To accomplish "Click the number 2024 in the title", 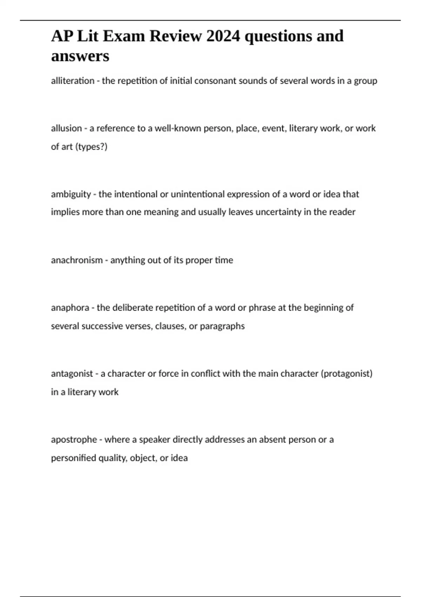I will [223, 36].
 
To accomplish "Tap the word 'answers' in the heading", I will [80, 56].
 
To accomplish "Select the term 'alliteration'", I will [73, 81].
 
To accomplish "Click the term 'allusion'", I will [66, 128].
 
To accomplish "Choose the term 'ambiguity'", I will [71, 194].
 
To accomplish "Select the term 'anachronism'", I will [77, 260].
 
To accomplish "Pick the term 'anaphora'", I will [70, 308].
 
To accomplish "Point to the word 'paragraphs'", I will [222, 326].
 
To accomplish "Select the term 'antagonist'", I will [72, 374].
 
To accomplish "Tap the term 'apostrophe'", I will [74, 440].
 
